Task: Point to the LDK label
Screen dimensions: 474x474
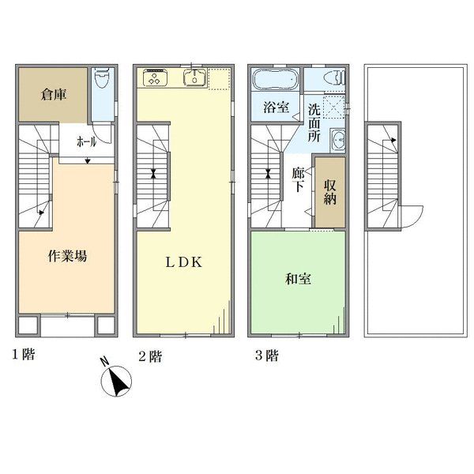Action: pyautogui.click(x=184, y=263)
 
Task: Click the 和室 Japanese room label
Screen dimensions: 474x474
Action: pyautogui.click(x=297, y=279)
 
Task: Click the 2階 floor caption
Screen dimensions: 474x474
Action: pyautogui.click(x=150, y=356)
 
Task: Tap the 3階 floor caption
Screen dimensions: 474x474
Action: pyautogui.click(x=266, y=356)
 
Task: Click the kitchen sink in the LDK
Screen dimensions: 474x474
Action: pyautogui.click(x=194, y=78)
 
